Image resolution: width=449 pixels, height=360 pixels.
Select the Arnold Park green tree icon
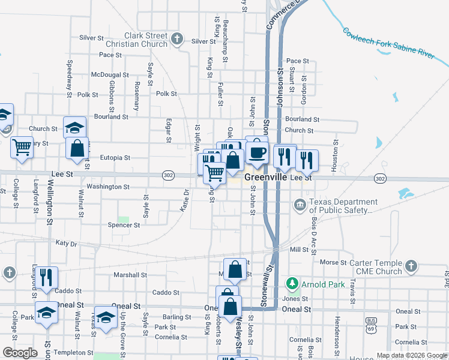click(292, 282)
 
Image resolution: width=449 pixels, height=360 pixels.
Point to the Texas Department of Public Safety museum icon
click(300, 206)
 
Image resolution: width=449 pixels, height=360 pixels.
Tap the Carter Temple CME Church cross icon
click(411, 265)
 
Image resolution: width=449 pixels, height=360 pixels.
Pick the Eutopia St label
click(115, 158)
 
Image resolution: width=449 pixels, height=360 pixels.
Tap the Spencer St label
click(124, 225)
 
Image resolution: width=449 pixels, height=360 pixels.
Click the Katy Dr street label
click(66, 244)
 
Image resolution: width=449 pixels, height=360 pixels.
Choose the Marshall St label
click(131, 275)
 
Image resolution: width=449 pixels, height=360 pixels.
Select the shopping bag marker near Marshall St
click(235, 270)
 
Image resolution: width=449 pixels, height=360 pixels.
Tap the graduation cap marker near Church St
click(75, 128)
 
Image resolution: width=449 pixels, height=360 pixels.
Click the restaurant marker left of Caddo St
click(46, 278)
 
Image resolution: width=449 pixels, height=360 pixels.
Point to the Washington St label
click(107, 187)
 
